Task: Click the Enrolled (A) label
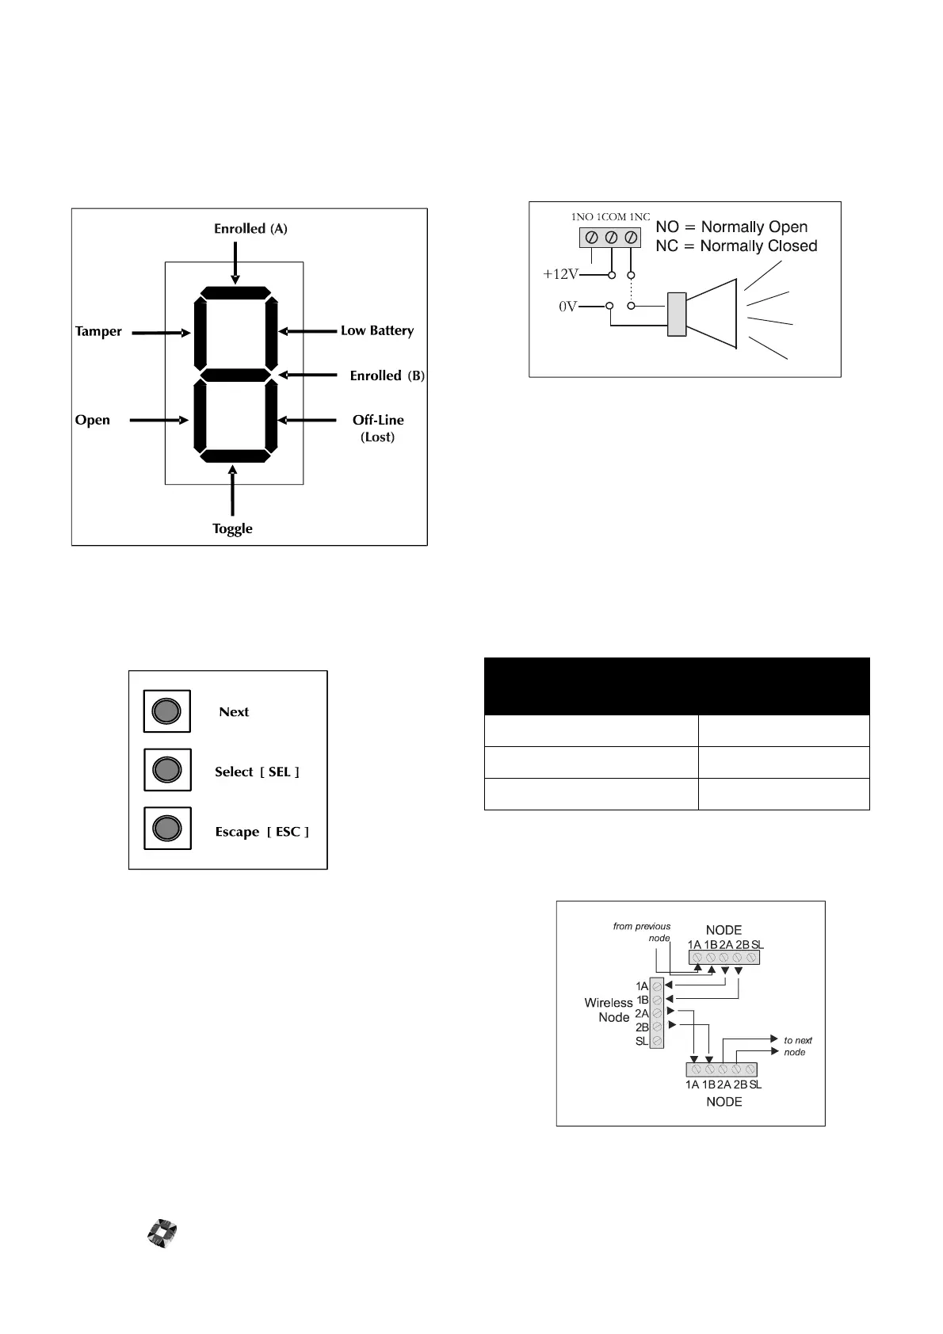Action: coord(250,229)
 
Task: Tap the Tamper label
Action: coord(98,332)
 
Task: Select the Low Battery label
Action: coord(377,331)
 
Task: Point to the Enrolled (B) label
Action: coord(388,376)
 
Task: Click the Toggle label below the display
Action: coord(232,529)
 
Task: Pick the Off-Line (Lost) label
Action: coord(378,429)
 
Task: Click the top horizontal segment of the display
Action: coord(235,293)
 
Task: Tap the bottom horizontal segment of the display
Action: coord(235,455)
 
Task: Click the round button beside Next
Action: coord(166,711)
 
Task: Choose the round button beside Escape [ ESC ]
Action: coord(166,829)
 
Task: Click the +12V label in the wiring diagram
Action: coord(560,275)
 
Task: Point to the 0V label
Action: coord(567,307)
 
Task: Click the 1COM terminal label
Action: coord(611,217)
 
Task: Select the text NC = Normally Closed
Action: coord(736,246)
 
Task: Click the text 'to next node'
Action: coord(797,1046)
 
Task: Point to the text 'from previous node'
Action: coord(642,932)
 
